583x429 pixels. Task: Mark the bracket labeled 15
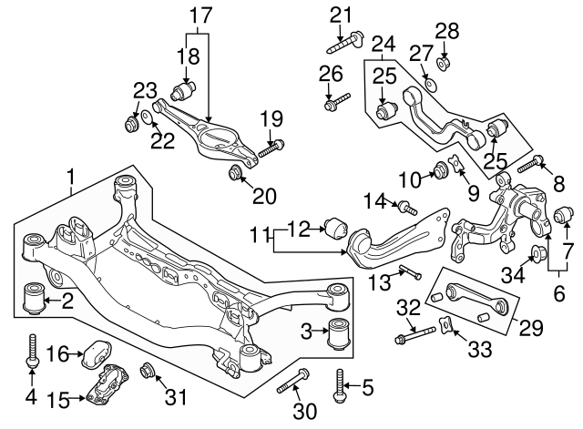tap(103, 384)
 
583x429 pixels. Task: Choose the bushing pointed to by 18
tap(185, 93)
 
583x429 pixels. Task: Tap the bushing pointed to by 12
tap(333, 225)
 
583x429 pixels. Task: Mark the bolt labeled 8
tap(531, 165)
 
